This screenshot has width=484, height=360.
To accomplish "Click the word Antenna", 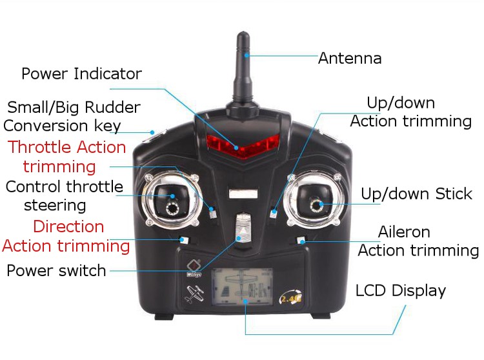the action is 350,58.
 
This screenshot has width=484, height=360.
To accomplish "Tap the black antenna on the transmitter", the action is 243,74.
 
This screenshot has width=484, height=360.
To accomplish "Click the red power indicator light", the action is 243,146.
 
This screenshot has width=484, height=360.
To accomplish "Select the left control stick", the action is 171,201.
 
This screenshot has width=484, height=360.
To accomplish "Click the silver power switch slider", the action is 243,229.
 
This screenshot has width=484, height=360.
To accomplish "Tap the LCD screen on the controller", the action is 242,287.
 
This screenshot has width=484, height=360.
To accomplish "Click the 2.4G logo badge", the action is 290,297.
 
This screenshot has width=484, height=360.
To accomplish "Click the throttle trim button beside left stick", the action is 212,212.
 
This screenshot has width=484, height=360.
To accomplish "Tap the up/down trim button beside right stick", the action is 273,214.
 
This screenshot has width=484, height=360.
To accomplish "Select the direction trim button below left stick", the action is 184,240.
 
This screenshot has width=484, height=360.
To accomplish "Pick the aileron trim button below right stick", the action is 301,240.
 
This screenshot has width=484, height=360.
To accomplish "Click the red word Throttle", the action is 40,147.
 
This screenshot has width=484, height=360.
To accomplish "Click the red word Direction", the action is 68,226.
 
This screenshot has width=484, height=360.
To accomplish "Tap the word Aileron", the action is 404,232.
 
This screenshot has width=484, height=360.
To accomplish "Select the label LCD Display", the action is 401,290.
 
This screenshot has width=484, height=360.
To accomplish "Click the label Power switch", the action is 56,270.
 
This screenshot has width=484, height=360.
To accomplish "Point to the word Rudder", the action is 112,107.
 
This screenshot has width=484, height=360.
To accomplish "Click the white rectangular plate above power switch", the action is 243,194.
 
